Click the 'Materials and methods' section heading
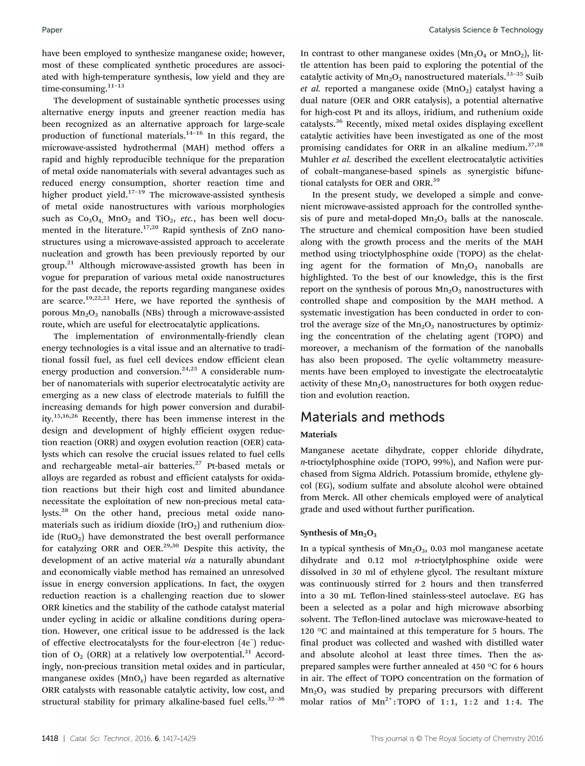pyautogui.click(x=372, y=417)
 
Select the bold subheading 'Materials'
pyautogui.click(x=318, y=434)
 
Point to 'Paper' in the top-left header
pyautogui.click(x=52, y=30)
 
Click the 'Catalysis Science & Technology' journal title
pyautogui.click(x=486, y=30)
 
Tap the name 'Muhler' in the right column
pyautogui.click(x=315, y=159)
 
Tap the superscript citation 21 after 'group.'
pyautogui.click(x=70, y=263)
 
